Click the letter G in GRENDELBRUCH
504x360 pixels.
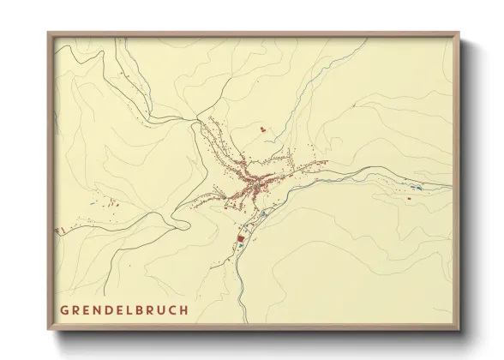coord(64,309)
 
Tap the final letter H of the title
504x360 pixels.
coord(184,309)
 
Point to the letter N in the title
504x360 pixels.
coord(98,309)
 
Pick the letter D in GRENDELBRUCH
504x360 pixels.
coord(109,309)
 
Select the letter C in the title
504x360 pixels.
coord(173,309)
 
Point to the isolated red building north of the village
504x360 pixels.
coord(263,129)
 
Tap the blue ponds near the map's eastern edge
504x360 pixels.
coord(416,188)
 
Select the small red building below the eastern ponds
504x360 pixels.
coord(409,198)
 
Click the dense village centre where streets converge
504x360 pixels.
coord(253,183)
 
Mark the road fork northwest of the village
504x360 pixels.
coord(191,121)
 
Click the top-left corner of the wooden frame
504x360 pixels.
coord(48,33)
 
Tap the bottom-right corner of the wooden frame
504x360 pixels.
coord(461,330)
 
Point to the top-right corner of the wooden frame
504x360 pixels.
coord(461,33)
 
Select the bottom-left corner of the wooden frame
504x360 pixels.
coord(48,330)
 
